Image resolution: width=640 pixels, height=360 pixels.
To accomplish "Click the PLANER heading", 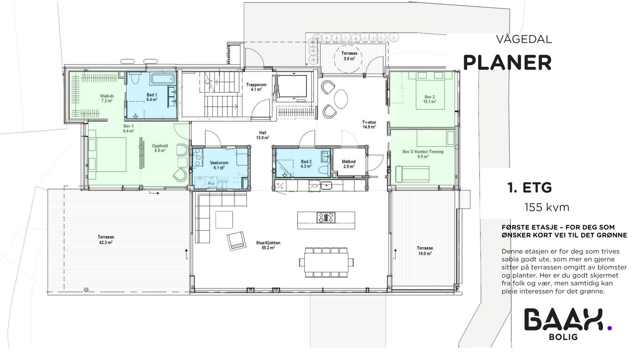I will pos(507,63).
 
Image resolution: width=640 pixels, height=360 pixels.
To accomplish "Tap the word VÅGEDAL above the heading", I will pos(524,40).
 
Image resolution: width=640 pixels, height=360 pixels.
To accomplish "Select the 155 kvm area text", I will pos(546,207).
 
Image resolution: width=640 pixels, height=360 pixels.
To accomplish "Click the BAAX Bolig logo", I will pos(567,323).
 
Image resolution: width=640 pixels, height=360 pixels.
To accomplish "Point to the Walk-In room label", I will pos(106,98).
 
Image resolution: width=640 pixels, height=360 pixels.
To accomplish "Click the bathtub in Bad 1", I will pos(163,79).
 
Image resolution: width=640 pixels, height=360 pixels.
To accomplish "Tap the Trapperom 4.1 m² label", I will pos(256,87).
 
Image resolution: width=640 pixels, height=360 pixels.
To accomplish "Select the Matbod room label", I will pos(348,164).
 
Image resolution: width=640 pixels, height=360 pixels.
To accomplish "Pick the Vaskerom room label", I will pos(219,165).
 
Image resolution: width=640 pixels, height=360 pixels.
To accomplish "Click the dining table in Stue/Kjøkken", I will pos(326,262).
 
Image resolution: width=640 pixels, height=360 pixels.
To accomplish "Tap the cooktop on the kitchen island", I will pos(326,218).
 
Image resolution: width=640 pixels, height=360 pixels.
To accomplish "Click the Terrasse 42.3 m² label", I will pos(106,239).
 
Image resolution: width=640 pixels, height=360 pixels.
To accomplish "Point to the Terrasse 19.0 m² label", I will pos(424,250).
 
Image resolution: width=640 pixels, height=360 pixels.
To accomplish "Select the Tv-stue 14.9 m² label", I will pos(369,124).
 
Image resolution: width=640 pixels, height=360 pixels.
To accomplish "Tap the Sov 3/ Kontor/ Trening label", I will pos(422,154).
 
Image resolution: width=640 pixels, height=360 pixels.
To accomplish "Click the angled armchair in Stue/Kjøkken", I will pos(236,241).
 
